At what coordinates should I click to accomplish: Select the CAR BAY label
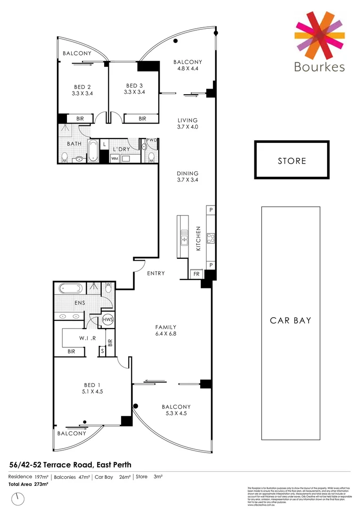(290, 320)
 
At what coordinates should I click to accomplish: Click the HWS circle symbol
(108, 320)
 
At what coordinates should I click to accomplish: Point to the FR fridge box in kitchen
(196, 274)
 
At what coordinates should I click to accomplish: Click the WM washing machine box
(115, 159)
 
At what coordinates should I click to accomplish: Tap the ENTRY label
(155, 273)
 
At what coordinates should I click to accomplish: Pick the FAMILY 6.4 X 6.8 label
(166, 330)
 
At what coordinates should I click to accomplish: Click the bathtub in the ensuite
(70, 288)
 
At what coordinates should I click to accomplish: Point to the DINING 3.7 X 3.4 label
(188, 176)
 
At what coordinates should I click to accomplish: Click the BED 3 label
(134, 89)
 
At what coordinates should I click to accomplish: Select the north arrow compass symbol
(19, 497)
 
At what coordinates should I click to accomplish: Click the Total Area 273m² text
(28, 484)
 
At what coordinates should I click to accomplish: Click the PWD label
(151, 140)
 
